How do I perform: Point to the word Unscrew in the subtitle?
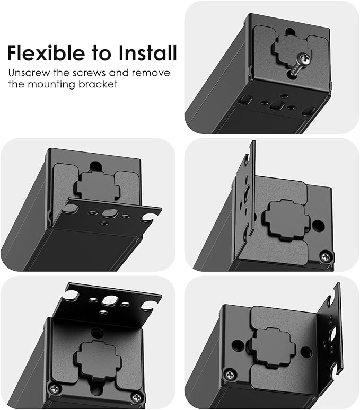coord(29,73)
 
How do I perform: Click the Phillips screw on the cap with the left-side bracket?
coord(323,257)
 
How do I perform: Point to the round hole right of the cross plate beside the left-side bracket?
coord(318,225)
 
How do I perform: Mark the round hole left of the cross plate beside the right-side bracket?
coord(238,345)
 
